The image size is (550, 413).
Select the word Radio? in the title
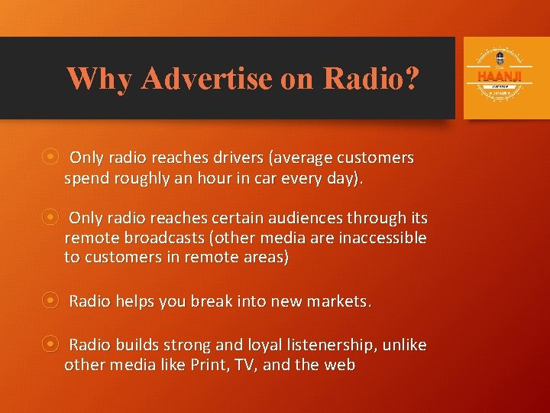[x=370, y=78]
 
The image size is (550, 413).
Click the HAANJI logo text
[x=499, y=76]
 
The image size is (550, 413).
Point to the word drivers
[x=234, y=158]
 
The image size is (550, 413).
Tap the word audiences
[x=306, y=218]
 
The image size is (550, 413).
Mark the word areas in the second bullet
[x=260, y=258]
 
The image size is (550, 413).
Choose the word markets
[x=336, y=301]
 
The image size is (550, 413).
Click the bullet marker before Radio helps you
[x=50, y=301]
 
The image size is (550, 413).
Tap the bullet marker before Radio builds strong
[x=50, y=344]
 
